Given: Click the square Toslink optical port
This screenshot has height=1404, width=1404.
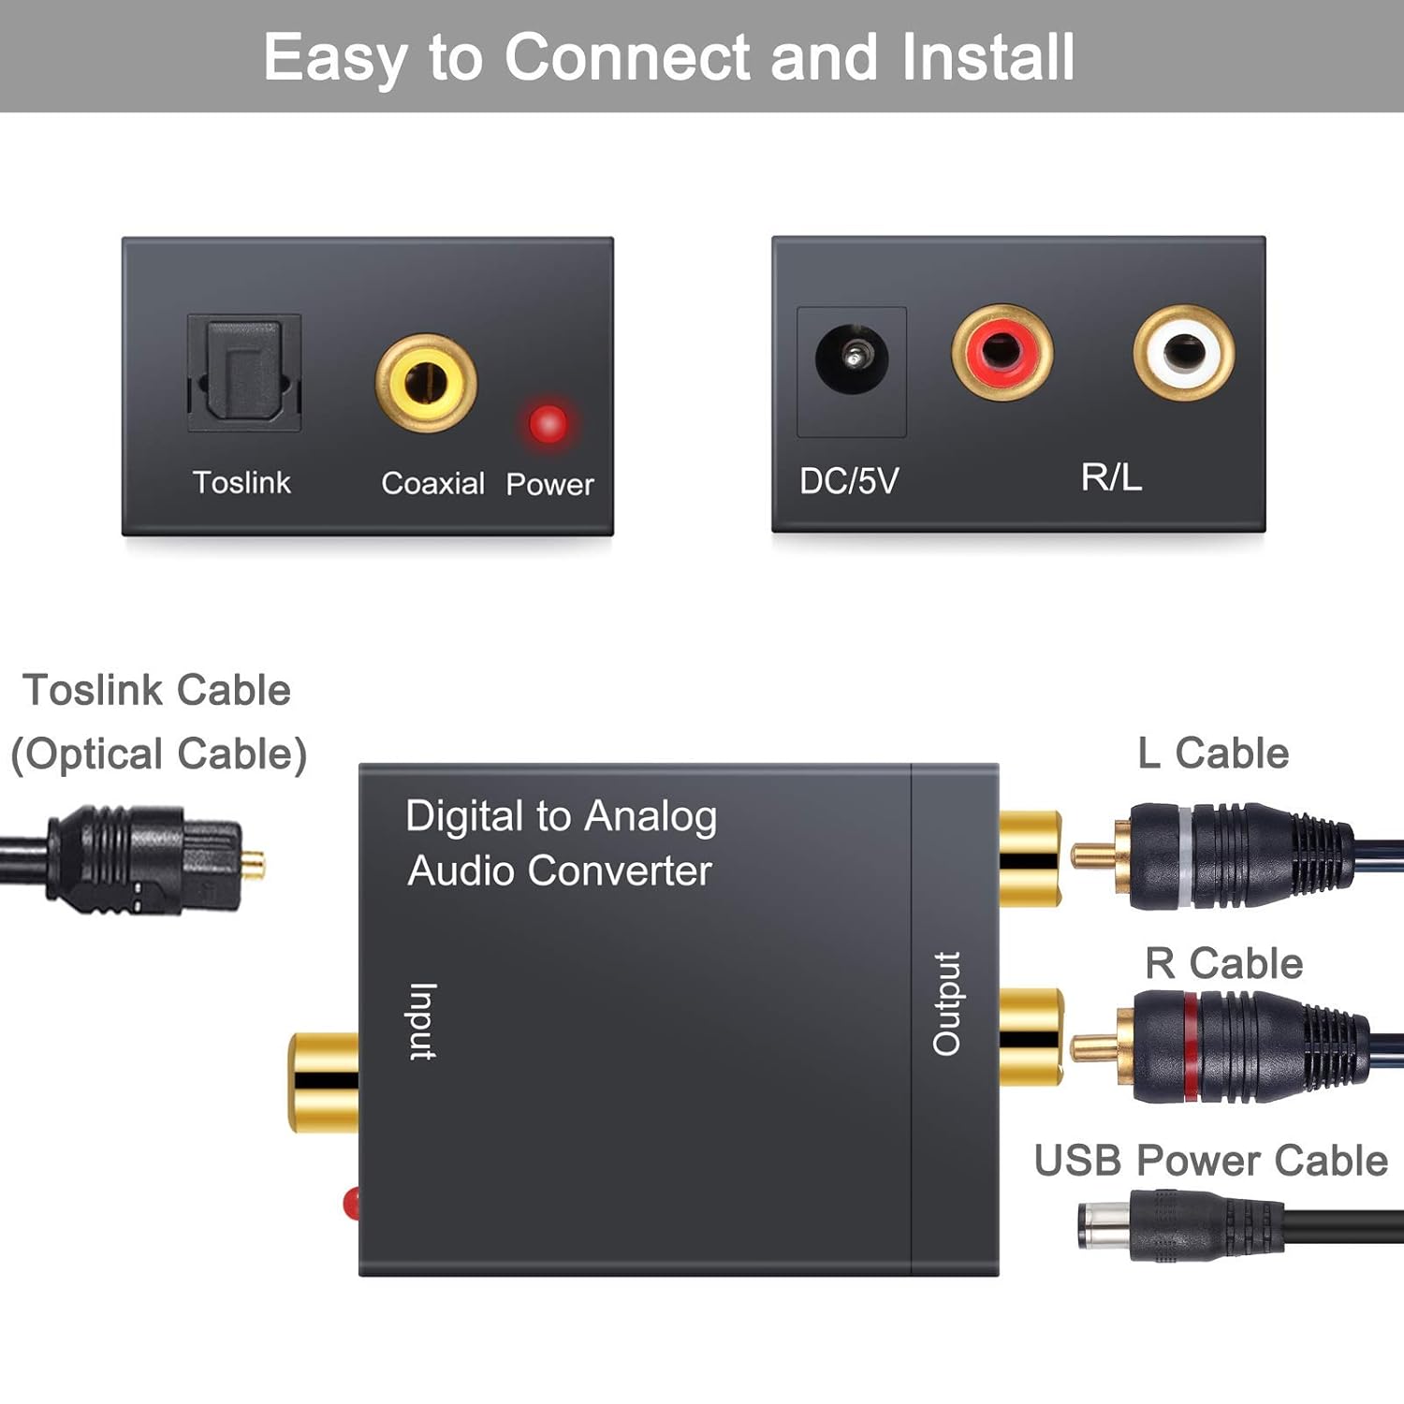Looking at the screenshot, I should (243, 373).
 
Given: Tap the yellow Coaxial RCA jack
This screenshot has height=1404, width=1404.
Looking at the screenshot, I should (426, 383).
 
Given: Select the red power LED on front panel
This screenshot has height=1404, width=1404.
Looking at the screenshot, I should (548, 423).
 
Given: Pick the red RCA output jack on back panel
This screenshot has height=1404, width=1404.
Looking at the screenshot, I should (1002, 352).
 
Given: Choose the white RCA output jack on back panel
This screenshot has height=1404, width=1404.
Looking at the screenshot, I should (1183, 352).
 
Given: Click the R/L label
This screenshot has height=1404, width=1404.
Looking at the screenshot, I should (1111, 477).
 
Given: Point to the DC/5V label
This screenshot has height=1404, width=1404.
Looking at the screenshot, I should (848, 481).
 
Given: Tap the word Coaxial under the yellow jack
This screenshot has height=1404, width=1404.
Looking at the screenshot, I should (432, 483).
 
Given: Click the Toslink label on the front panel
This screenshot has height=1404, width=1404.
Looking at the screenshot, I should (241, 482).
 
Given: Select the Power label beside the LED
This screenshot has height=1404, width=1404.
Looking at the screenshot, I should (549, 484).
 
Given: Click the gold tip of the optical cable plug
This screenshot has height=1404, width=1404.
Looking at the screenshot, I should (254, 863).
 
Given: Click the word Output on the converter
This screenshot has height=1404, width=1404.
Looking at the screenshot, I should (946, 1003).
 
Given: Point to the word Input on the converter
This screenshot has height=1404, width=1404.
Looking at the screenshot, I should (423, 1021).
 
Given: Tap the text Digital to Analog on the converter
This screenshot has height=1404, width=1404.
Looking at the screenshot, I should (561, 816).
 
